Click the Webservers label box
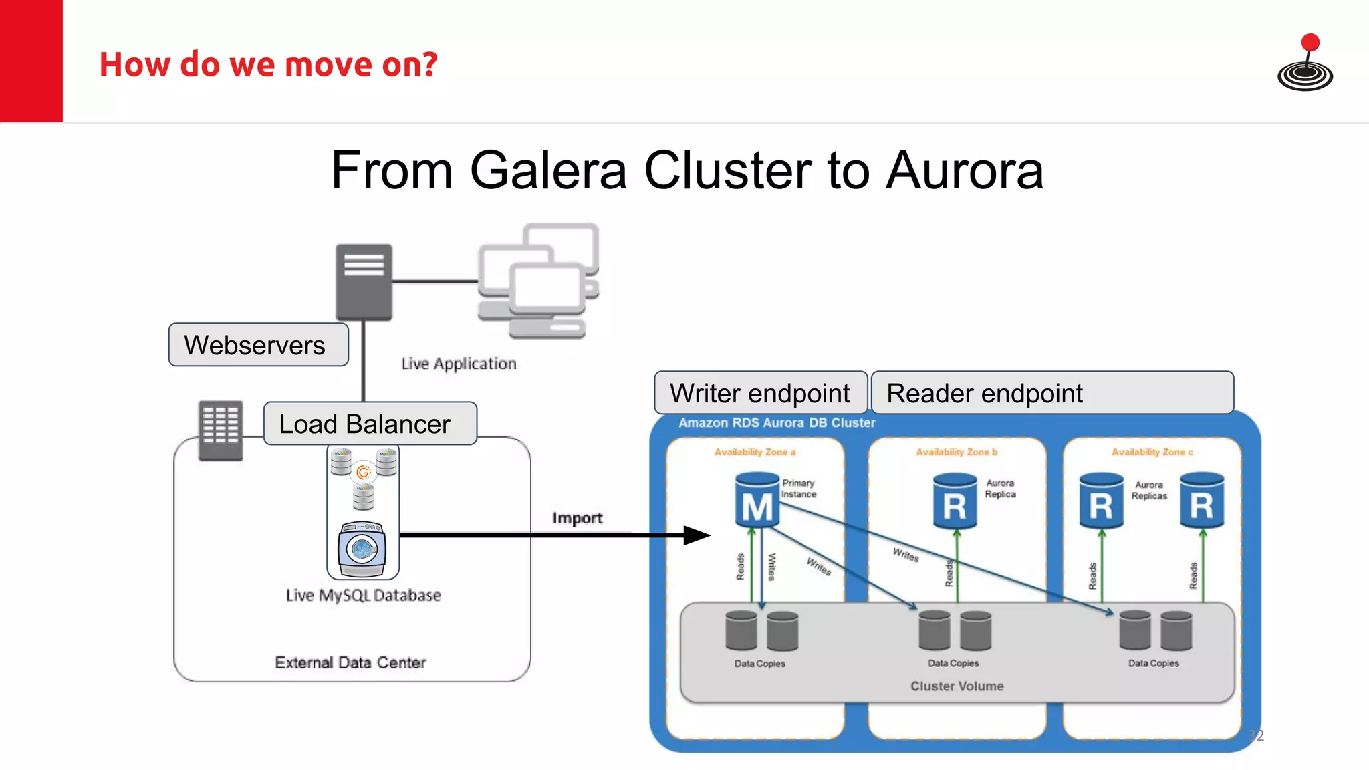click(258, 345)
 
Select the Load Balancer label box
click(370, 424)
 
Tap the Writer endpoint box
click(760, 393)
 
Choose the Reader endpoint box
click(1051, 393)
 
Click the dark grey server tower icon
click(364, 282)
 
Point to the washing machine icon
click(362, 549)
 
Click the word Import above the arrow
click(577, 518)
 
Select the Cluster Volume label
click(957, 686)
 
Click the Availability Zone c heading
click(1152, 453)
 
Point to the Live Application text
click(459, 364)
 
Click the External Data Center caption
click(350, 662)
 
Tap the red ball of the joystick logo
click(1310, 43)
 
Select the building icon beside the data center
click(221, 430)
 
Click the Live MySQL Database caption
click(364, 595)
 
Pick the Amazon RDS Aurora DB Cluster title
click(777, 423)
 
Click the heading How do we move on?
click(268, 65)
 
